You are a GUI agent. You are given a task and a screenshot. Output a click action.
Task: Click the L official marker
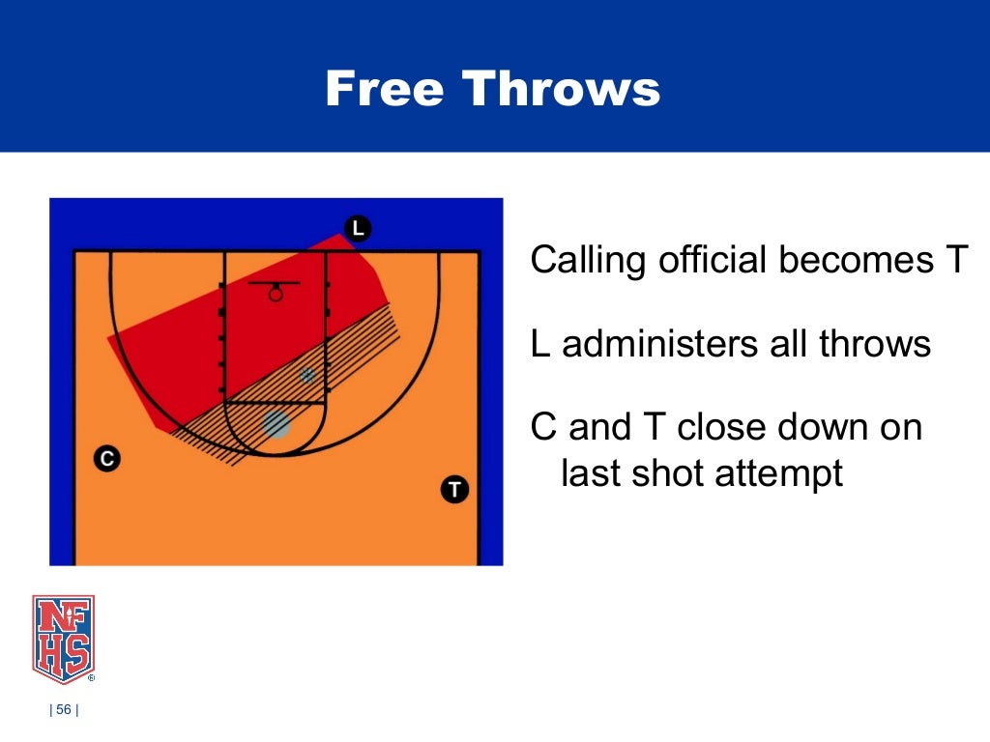tap(358, 228)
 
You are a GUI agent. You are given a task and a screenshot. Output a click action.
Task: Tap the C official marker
tap(107, 459)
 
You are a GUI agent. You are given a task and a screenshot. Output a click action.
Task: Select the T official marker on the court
tap(454, 489)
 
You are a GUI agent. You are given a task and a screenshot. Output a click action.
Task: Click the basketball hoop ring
tap(276, 295)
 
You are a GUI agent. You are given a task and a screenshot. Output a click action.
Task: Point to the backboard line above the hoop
tap(274, 283)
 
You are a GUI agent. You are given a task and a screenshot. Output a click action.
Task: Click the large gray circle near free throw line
tap(277, 424)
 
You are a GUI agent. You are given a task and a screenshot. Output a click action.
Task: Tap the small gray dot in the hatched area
tap(307, 374)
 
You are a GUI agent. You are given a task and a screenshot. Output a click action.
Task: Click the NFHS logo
tap(64, 639)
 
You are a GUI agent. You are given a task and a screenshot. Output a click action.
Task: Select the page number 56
tap(64, 711)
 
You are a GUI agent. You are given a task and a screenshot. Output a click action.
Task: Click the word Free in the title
tap(384, 89)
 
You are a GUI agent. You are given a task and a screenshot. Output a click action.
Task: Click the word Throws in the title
tap(561, 89)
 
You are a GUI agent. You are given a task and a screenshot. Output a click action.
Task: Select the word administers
tap(651, 344)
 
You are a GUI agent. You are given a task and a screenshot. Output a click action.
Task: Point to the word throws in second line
tap(876, 344)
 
